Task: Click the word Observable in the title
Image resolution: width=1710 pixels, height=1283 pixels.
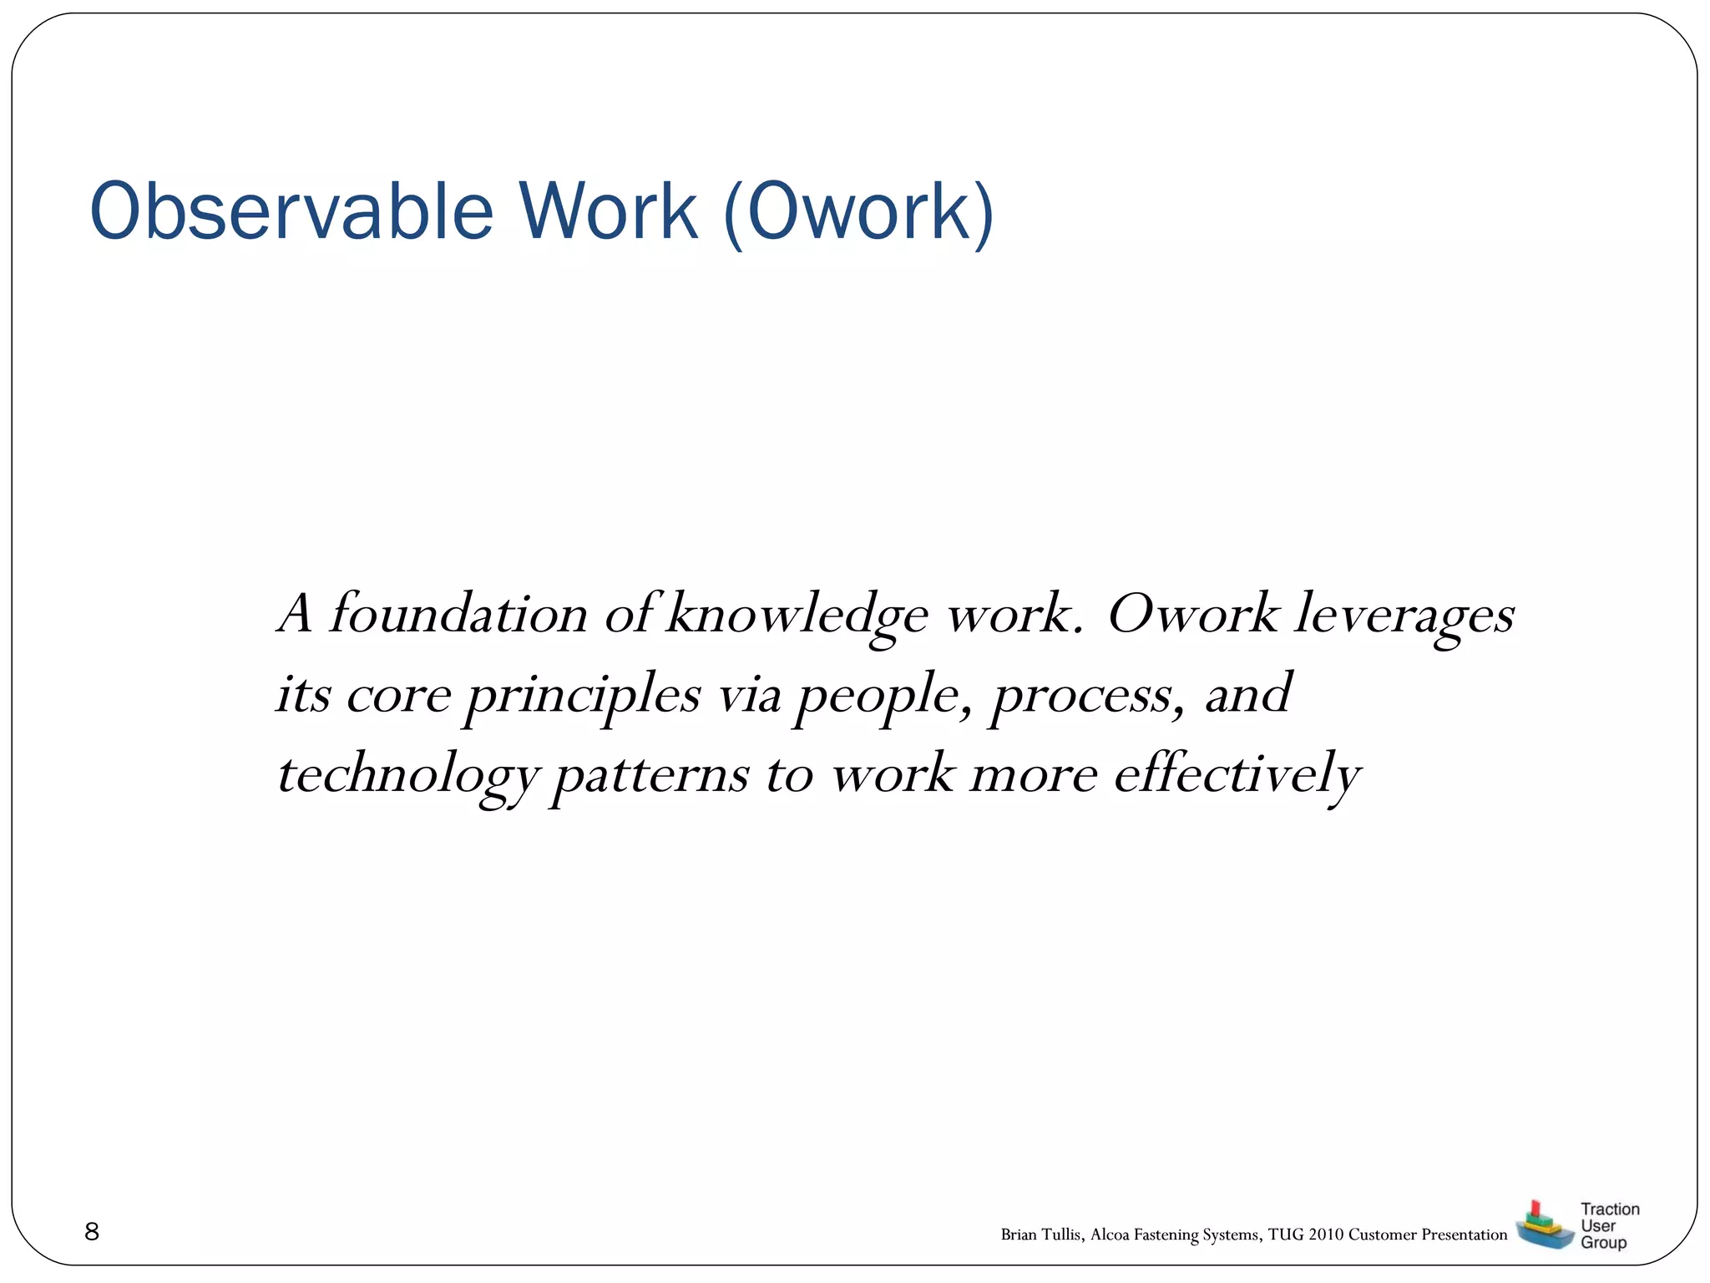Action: (291, 212)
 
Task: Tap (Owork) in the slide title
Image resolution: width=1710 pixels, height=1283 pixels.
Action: (859, 214)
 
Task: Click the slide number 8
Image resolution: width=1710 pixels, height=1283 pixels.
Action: (92, 1231)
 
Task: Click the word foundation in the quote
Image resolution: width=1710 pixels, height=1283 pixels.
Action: (458, 614)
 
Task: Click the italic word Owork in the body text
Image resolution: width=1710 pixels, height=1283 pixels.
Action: (1192, 614)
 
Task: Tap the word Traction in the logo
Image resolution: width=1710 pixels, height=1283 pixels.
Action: (1610, 1209)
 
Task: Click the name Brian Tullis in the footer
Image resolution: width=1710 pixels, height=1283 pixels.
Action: (1040, 1235)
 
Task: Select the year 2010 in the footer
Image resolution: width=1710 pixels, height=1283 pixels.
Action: (1326, 1235)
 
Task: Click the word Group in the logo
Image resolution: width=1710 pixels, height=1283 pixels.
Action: (1603, 1243)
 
